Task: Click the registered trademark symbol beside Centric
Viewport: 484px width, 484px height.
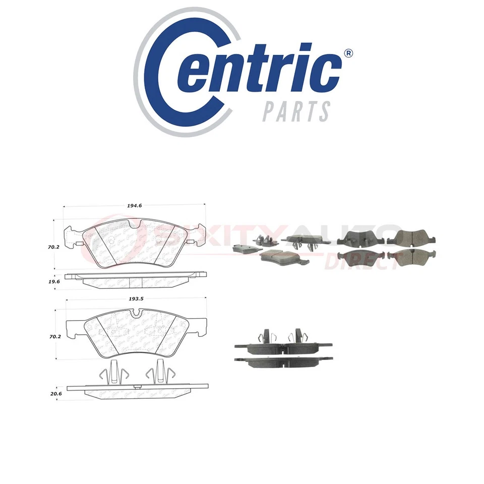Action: click(x=347, y=53)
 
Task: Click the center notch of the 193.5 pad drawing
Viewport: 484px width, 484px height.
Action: click(x=136, y=315)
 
